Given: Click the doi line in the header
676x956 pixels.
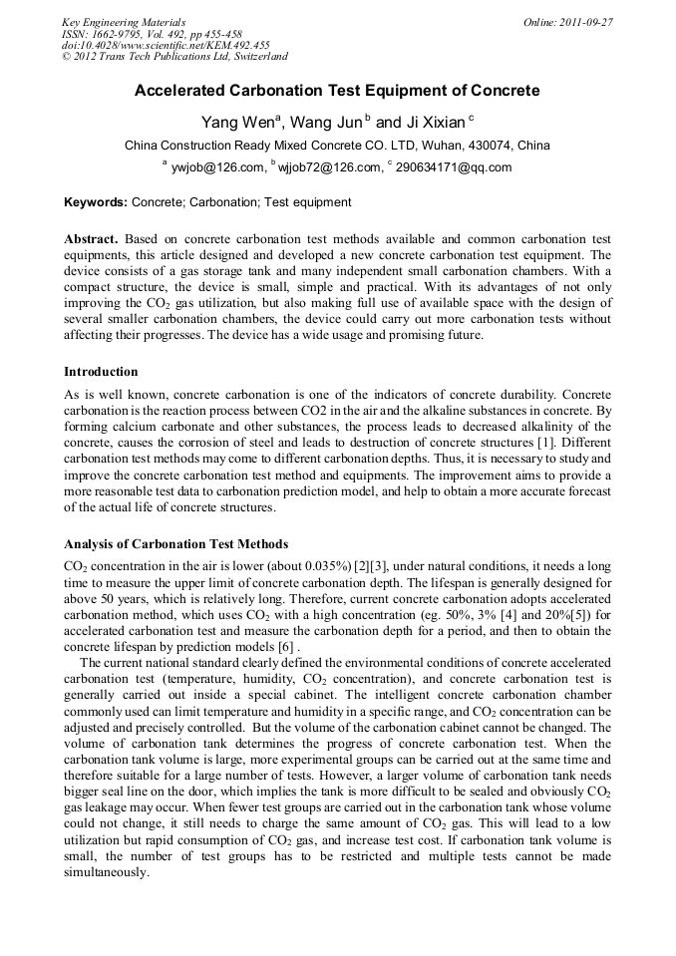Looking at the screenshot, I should (x=166, y=45).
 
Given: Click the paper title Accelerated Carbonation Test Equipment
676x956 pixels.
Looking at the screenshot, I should (x=337, y=91).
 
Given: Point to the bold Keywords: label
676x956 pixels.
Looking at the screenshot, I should (x=96, y=202).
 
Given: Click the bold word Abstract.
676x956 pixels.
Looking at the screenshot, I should (x=91, y=240).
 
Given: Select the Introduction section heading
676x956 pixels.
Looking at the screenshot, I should (x=101, y=372).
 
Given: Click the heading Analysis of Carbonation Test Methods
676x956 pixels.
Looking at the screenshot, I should (x=175, y=544).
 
